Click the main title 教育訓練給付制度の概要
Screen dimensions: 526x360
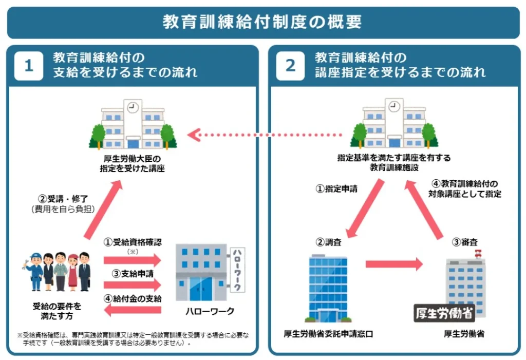tap(262, 22)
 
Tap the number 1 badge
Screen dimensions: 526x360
tap(29, 66)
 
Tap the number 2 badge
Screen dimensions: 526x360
tap(291, 66)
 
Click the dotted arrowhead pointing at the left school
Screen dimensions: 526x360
tap(194, 135)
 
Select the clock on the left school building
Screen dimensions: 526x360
tap(133, 108)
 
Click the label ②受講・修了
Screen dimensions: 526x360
tap(63, 199)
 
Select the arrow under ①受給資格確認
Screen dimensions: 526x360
tap(132, 260)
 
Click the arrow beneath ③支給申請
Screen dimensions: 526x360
tap(132, 285)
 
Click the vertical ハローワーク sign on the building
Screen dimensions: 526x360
tap(237, 270)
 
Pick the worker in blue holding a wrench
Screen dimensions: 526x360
tap(34, 272)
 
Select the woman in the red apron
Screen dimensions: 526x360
tap(73, 272)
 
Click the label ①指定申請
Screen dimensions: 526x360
tap(337, 188)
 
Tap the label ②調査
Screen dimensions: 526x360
tap(328, 242)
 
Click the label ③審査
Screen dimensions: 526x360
tap(464, 242)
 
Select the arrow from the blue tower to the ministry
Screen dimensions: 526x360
tap(394, 264)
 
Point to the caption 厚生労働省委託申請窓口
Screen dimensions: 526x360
tap(328, 334)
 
